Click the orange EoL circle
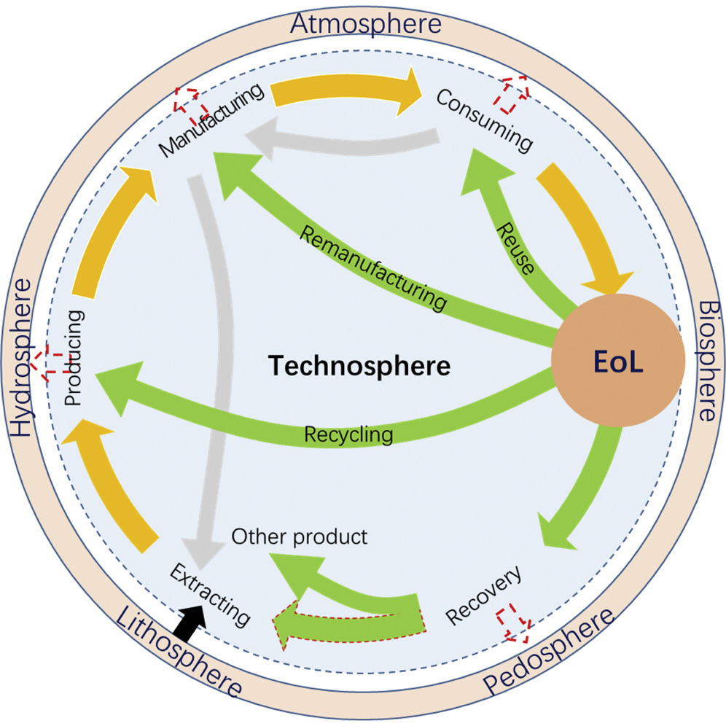tap(617, 363)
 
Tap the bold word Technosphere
tap(359, 365)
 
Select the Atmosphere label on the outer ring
tap(365, 24)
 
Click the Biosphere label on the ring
tap(706, 362)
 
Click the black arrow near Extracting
tap(190, 624)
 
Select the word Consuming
tap(484, 121)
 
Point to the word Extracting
tap(211, 595)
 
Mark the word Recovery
tap(483, 596)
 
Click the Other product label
tap(300, 537)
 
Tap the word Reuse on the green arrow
tap(515, 249)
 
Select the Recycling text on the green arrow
tap(348, 435)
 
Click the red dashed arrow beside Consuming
tap(515, 93)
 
